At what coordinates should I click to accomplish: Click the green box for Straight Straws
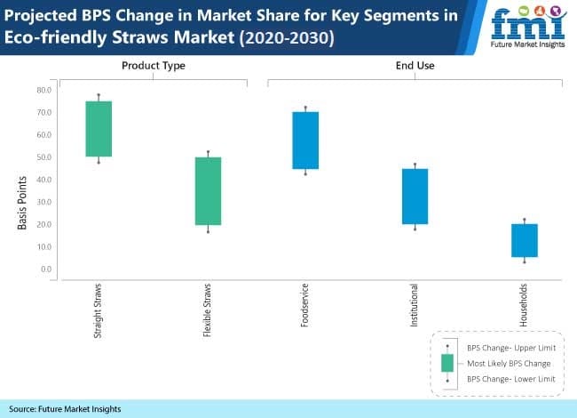point(99,129)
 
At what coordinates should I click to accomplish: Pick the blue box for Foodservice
point(305,141)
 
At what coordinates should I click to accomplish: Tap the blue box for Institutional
point(415,197)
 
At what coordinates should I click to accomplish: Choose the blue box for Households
point(524,240)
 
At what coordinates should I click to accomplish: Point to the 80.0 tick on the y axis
point(42,90)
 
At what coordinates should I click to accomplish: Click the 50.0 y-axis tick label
point(42,157)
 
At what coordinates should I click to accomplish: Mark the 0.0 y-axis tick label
point(44,269)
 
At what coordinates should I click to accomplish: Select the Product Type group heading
point(153,65)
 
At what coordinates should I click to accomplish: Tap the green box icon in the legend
point(447,363)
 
